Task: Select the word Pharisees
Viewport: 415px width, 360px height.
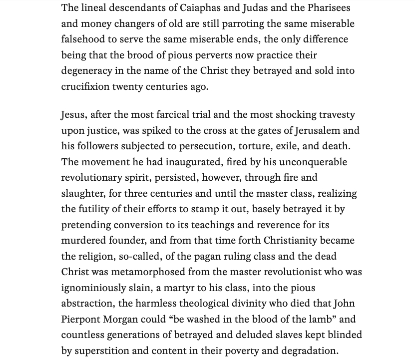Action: (x=327, y=8)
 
